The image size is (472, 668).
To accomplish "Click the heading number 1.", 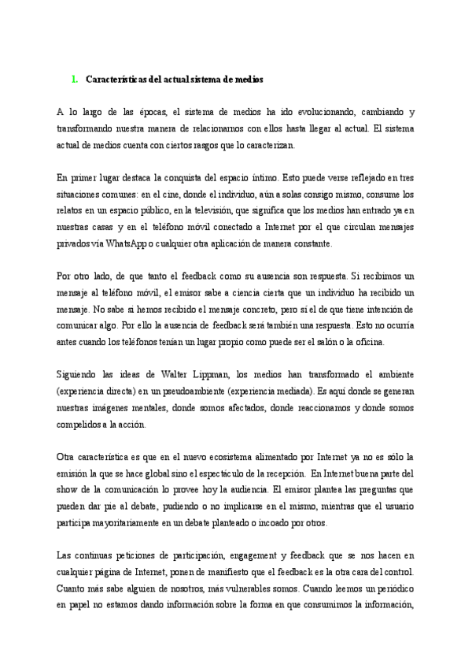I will (x=74, y=79).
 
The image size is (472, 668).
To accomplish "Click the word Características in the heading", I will (x=116, y=79).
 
